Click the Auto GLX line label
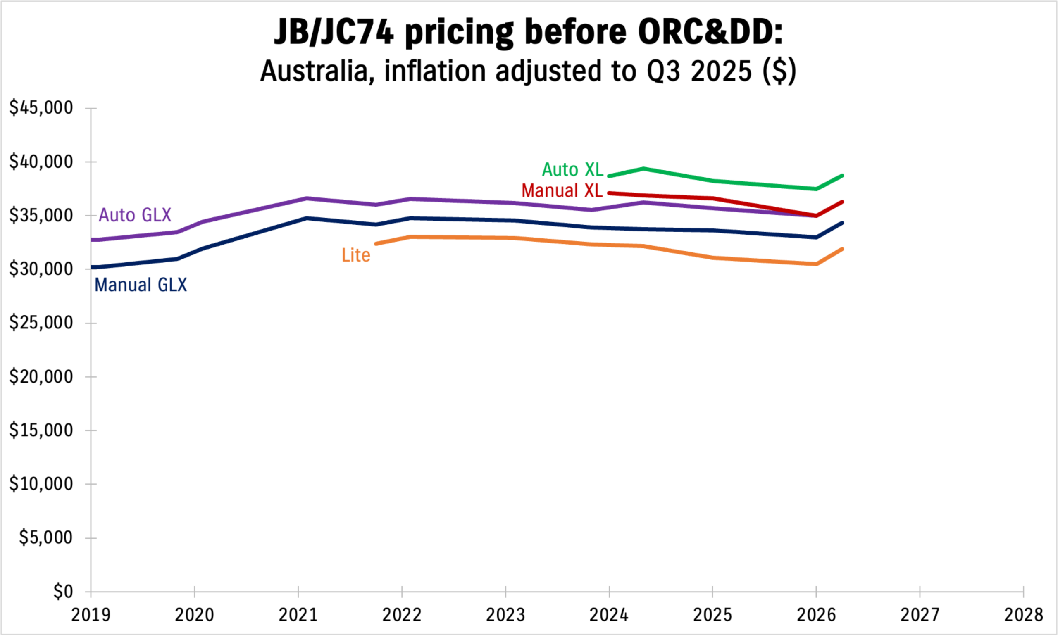(135, 215)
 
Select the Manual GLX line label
(141, 285)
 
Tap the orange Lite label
(356, 255)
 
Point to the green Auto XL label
(573, 170)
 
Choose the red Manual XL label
(562, 191)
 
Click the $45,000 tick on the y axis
(41, 108)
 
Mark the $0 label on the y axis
(63, 592)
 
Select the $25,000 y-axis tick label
(41, 323)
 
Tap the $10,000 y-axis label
(41, 484)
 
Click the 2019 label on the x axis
(91, 615)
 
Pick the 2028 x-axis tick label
(1024, 615)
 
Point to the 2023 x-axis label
(505, 615)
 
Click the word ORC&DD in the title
(710, 32)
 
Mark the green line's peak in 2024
(643, 168)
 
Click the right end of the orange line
(842, 249)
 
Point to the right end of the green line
(842, 176)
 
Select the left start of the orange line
(376, 244)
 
